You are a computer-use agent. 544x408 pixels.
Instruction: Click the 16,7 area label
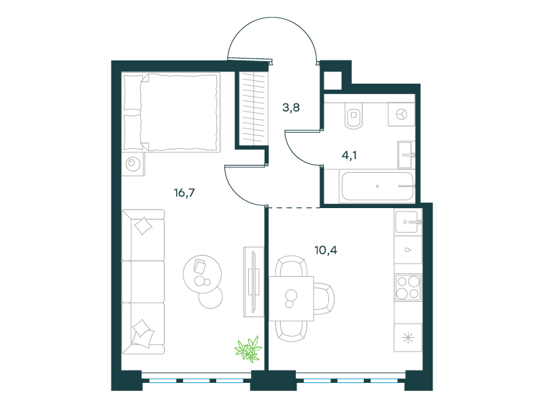(184, 192)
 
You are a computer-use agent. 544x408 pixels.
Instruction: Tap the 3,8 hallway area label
(291, 107)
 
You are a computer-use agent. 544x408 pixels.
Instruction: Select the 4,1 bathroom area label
(349, 156)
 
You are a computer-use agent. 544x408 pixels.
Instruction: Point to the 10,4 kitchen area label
(326, 250)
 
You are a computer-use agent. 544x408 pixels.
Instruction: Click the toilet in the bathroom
(354, 116)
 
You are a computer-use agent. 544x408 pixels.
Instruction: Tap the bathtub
(377, 186)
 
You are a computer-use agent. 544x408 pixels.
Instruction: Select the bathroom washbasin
(406, 155)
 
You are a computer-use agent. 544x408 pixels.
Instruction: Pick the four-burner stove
(409, 287)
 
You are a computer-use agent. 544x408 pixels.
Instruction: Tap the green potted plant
(248, 349)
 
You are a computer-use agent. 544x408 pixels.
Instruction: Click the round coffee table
(202, 274)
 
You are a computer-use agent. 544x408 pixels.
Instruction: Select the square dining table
(292, 299)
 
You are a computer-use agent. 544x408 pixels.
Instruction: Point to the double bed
(171, 112)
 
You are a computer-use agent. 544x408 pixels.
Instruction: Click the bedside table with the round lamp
(133, 163)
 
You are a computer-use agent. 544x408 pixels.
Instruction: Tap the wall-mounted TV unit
(254, 282)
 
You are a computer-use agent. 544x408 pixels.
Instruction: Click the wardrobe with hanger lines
(254, 108)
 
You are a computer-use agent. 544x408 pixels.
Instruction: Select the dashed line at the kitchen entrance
(294, 207)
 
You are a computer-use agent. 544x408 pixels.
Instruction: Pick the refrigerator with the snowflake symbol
(409, 337)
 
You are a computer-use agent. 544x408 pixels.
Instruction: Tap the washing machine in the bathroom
(402, 114)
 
